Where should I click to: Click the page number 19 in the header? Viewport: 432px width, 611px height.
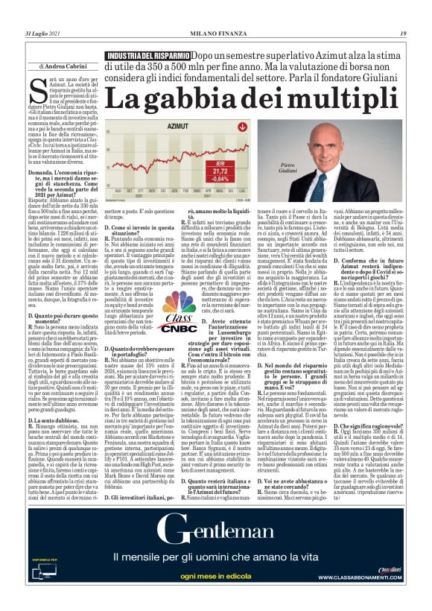coord(403,34)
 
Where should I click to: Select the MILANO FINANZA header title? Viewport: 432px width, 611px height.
coord(216,34)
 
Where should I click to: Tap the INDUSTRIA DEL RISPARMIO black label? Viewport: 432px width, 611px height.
coord(147,56)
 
